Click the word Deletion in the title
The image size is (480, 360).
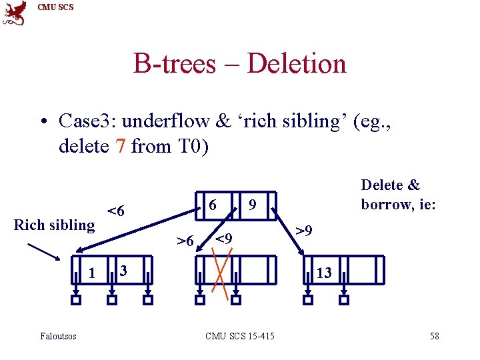point(297,64)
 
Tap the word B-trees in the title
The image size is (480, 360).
point(175,64)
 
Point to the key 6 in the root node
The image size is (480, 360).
point(211,204)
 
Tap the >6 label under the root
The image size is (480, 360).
point(185,240)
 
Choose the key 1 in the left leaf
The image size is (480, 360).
point(91,272)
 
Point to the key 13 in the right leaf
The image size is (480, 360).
point(324,272)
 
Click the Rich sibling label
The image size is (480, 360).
point(55,225)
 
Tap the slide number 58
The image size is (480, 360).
point(434,336)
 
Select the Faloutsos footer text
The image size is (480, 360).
point(58,336)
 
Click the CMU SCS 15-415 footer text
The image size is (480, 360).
point(239,336)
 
